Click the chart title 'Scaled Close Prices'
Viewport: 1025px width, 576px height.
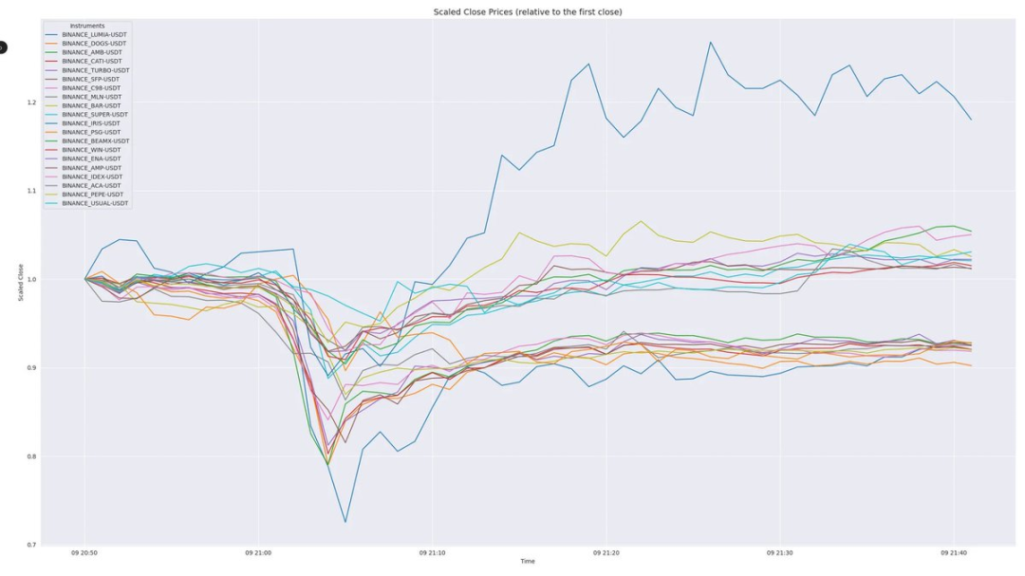(x=528, y=11)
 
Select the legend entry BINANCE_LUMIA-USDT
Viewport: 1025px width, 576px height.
(x=94, y=34)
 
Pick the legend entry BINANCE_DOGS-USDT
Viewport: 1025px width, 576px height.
(x=94, y=43)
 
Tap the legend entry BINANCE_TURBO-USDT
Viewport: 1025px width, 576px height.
(x=95, y=70)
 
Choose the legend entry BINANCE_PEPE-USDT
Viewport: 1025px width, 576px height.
(x=93, y=195)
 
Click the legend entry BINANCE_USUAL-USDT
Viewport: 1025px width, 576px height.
(x=95, y=203)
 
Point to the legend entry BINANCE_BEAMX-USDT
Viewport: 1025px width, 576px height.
(x=95, y=140)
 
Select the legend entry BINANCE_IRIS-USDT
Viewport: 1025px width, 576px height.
(x=91, y=123)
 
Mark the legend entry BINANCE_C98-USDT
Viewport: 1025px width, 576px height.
(x=92, y=87)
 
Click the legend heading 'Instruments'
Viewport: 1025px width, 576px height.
(x=87, y=26)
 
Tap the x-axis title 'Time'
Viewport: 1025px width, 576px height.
(x=528, y=562)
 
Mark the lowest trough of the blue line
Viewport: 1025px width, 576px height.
(x=345, y=522)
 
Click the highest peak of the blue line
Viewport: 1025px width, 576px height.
(x=710, y=42)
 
